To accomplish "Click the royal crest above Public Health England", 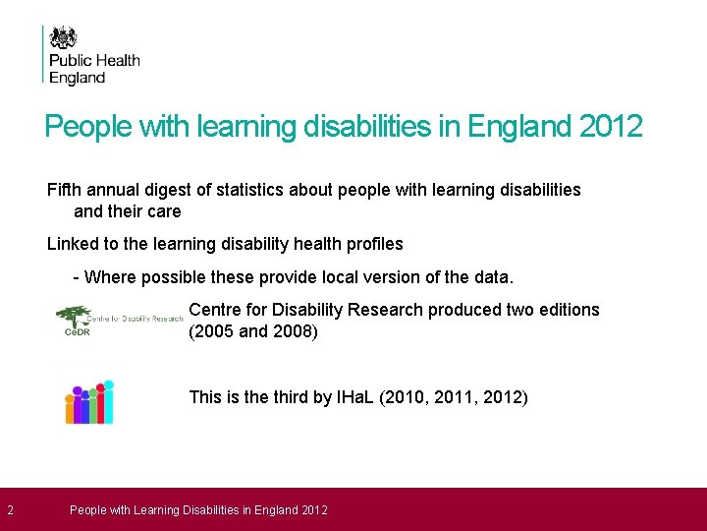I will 64,38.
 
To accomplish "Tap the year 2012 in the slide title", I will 611,127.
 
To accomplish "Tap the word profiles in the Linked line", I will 370,243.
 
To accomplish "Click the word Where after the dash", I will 110,276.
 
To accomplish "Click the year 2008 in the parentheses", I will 291,331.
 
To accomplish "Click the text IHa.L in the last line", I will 355,398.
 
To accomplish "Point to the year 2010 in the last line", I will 419,398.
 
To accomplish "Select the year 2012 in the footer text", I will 314,509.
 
